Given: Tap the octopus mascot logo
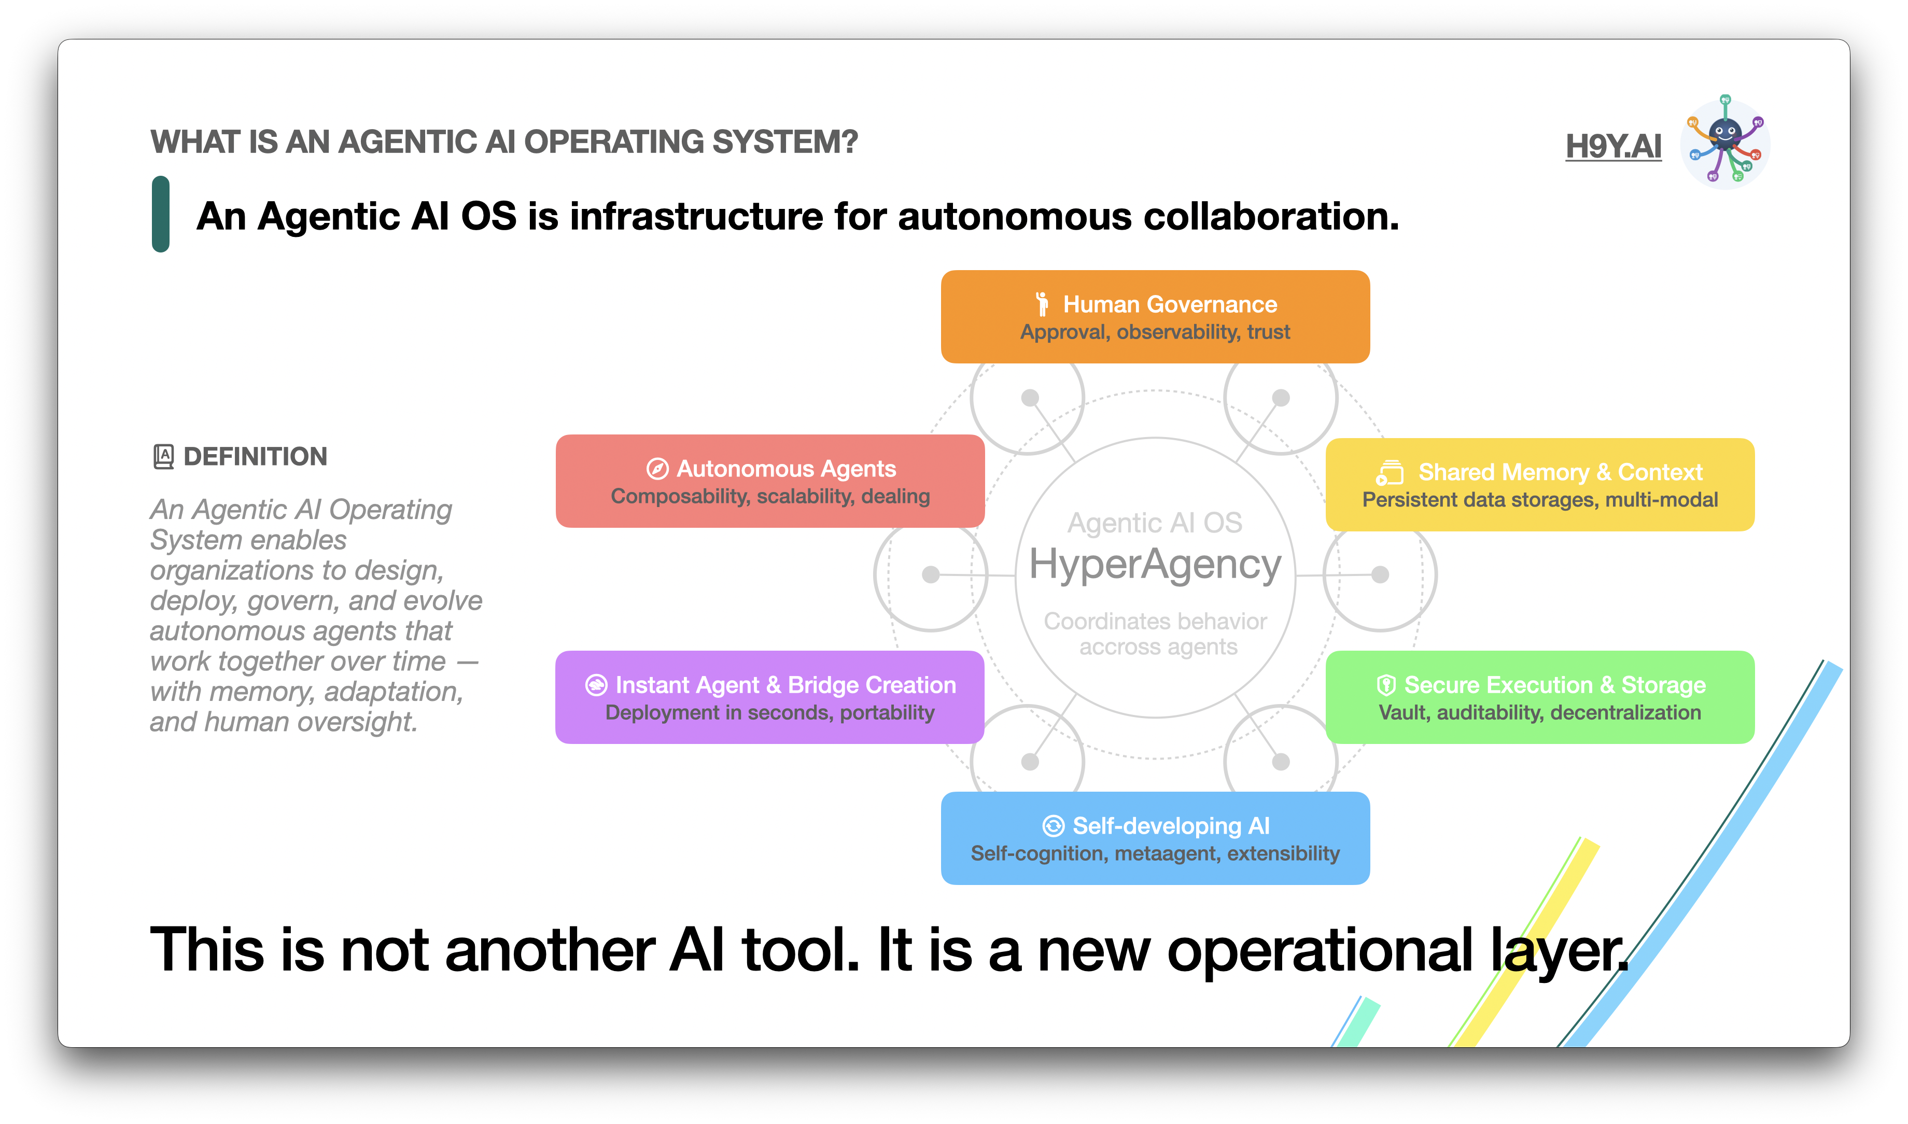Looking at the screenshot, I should point(1724,143).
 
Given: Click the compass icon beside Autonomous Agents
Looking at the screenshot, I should point(657,469).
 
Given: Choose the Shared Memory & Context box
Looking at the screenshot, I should point(1539,485).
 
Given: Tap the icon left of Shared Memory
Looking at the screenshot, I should point(1389,473).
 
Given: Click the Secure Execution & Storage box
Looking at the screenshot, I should point(1539,697).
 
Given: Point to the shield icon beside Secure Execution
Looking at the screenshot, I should point(1385,685).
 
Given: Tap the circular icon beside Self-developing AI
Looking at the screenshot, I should point(1053,825).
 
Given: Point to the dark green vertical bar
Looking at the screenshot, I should point(161,214).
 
